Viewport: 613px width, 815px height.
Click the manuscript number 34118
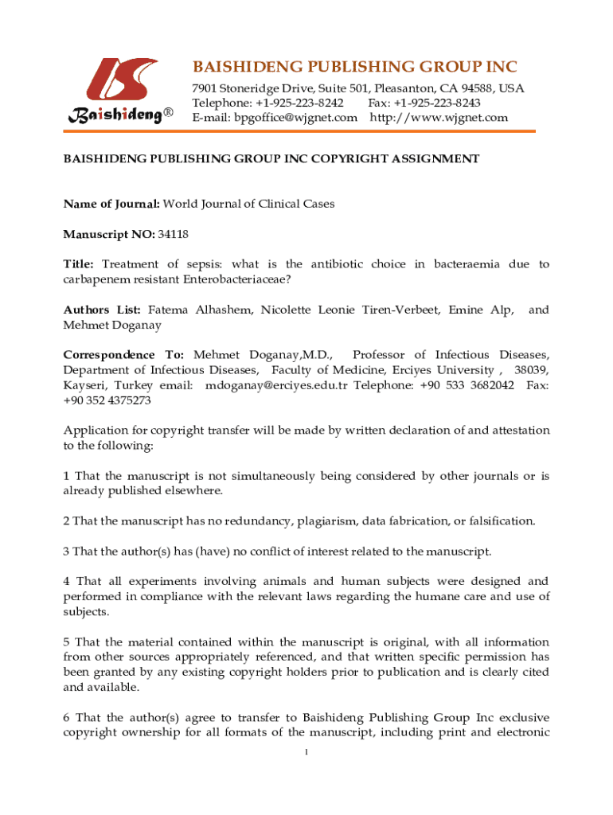(x=173, y=234)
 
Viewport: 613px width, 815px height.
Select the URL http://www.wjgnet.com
(x=439, y=118)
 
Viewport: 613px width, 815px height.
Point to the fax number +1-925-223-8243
(x=439, y=103)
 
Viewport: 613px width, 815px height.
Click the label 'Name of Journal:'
(x=111, y=204)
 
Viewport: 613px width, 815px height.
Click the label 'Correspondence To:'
(x=123, y=355)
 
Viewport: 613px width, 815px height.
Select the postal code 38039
(x=531, y=370)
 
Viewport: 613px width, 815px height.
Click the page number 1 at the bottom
(x=306, y=753)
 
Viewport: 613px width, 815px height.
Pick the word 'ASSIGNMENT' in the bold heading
(x=437, y=158)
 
